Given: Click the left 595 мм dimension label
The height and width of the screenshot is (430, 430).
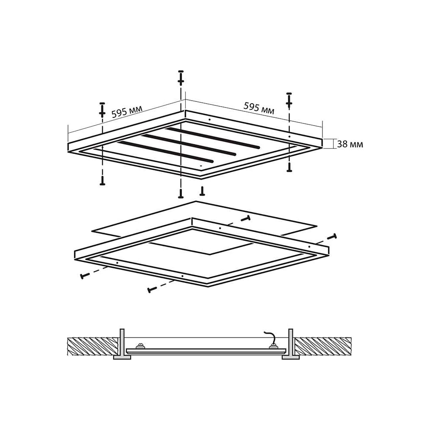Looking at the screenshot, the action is pos(127,111).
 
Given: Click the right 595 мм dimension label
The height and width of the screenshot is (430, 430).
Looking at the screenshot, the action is pos(259,108).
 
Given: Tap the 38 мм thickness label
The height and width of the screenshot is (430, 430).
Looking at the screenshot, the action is pos(350,144).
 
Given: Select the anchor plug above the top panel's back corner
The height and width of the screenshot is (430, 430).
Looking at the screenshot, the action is pos(181,78).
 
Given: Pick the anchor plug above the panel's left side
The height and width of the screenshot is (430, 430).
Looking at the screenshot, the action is pos(102,110).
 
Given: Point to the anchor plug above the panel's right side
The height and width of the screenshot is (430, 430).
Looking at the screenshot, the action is pos(289,100).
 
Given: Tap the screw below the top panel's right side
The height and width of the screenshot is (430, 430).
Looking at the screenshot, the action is pos(289,167).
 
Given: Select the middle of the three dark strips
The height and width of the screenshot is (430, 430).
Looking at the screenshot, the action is pos(189,145).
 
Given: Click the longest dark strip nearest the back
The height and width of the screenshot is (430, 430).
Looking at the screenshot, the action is pos(213,138).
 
